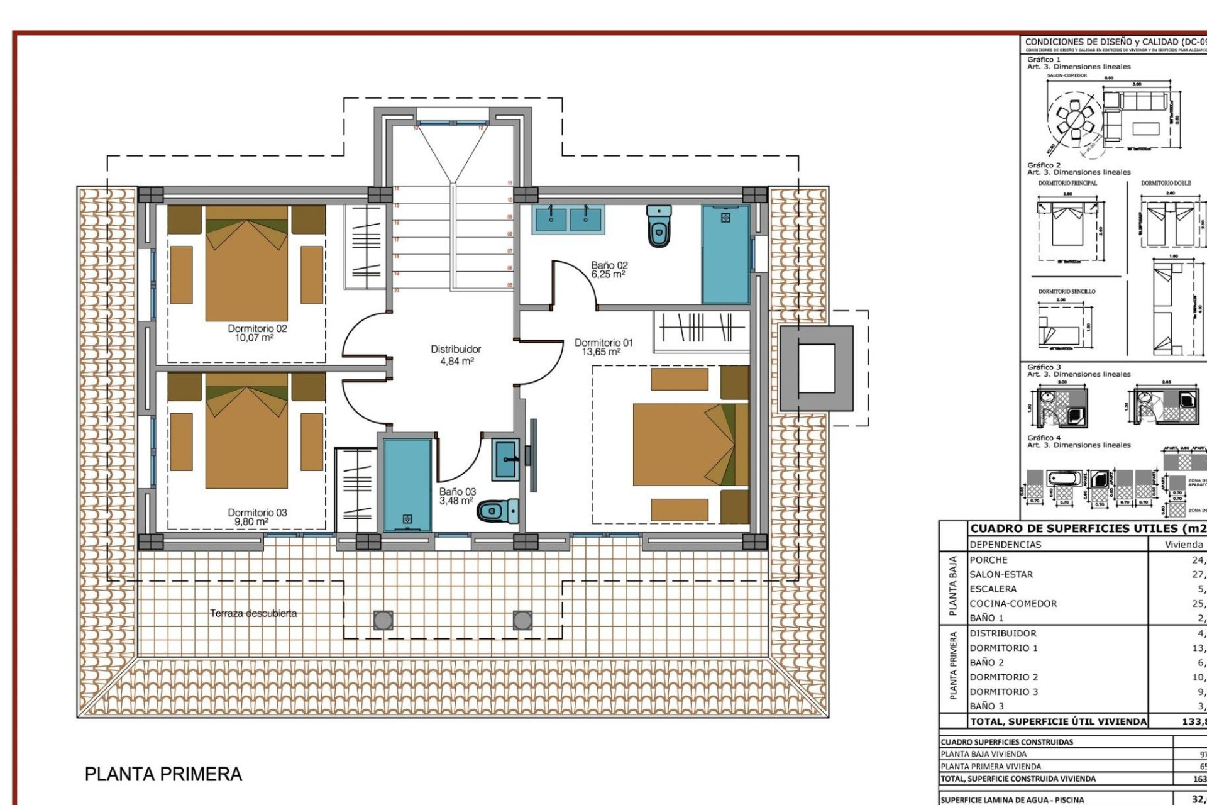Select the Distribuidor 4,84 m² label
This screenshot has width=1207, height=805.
(x=456, y=355)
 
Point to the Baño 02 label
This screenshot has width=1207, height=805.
(x=609, y=270)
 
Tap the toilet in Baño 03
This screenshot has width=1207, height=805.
(x=498, y=511)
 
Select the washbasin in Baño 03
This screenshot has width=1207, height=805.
(x=505, y=459)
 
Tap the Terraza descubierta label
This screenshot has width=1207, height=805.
(x=253, y=613)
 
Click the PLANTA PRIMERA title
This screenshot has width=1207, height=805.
(x=163, y=774)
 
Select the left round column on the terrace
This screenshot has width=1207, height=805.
(x=383, y=621)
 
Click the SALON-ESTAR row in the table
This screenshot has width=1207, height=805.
(x=1001, y=574)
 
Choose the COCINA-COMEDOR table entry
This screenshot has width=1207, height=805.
(x=1013, y=603)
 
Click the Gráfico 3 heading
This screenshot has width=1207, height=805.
(x=1044, y=367)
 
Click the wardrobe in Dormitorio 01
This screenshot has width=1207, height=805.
(x=702, y=328)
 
